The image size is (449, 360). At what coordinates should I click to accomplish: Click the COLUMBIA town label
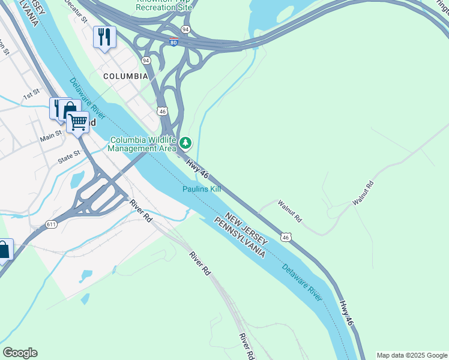pyautogui.click(x=125, y=76)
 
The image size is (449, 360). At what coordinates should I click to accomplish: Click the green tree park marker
pyautogui.click(x=186, y=143)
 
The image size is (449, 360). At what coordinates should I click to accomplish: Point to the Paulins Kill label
pyautogui.click(x=202, y=189)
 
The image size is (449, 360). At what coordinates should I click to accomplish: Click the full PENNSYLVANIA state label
pyautogui.click(x=240, y=234)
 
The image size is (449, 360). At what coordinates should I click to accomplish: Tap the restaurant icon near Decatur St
pyautogui.click(x=105, y=37)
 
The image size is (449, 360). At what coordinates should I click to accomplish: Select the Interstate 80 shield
pyautogui.click(x=173, y=41)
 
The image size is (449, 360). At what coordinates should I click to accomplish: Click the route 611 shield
pyautogui.click(x=51, y=224)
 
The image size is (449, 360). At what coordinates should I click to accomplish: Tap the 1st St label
pyautogui.click(x=31, y=94)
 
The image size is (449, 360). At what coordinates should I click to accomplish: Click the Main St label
pyautogui.click(x=50, y=135)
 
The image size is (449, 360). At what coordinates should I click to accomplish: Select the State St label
pyautogui.click(x=69, y=158)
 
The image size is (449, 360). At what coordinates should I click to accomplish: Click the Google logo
pyautogui.click(x=20, y=353)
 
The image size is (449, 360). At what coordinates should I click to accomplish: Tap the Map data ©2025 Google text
pyautogui.click(x=412, y=355)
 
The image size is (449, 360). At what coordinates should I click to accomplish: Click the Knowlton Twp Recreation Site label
pyautogui.click(x=163, y=7)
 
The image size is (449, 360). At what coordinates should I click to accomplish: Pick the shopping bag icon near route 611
pyautogui.click(x=4, y=250)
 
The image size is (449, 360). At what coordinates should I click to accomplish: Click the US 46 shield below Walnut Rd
pyautogui.click(x=286, y=237)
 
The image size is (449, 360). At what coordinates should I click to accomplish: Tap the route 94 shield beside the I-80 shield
pyautogui.click(x=185, y=29)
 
